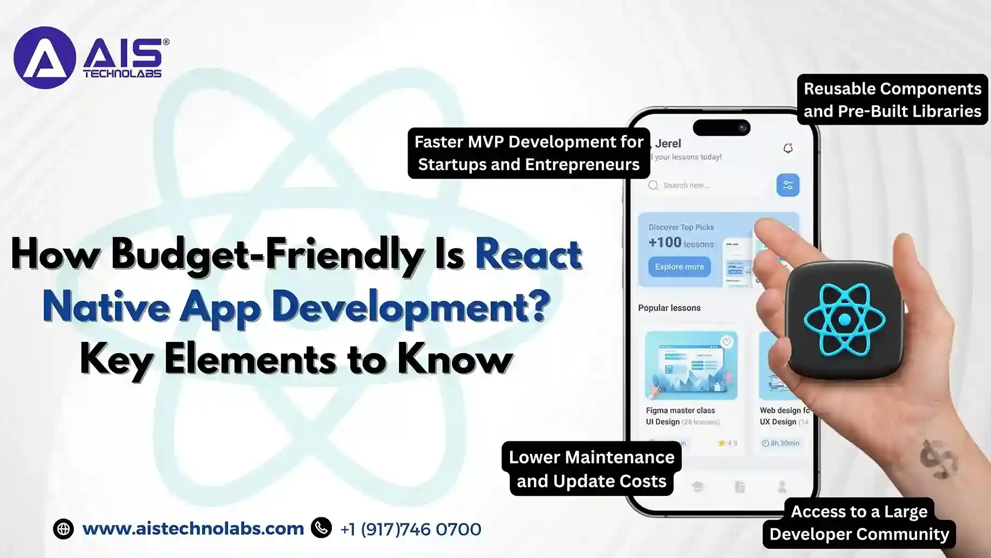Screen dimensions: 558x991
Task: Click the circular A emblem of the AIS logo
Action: pos(44,58)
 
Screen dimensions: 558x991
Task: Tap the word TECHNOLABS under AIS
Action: pos(122,73)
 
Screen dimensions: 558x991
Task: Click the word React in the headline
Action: pos(528,254)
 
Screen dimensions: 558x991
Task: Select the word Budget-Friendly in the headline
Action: pos(267,254)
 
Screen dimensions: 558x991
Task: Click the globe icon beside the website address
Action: pos(63,529)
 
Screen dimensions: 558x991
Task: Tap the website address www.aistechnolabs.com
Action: pos(193,528)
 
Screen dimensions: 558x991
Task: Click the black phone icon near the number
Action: pos(321,528)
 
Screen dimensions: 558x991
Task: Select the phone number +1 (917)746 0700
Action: pos(410,529)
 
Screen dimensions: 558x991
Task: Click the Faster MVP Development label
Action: pos(528,153)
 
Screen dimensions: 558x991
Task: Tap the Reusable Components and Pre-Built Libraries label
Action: pos(892,100)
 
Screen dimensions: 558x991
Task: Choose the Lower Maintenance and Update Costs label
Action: pos(591,469)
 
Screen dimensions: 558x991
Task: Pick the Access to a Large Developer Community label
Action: pos(859,522)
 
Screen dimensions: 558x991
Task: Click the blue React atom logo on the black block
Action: pos(844,320)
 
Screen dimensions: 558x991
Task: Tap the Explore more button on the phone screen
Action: pos(679,267)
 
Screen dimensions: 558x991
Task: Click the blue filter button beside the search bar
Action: pos(788,185)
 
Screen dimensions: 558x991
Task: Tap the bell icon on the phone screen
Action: pos(788,148)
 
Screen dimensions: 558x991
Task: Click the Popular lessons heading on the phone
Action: pos(669,308)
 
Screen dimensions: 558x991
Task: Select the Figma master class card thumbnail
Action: pos(691,366)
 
